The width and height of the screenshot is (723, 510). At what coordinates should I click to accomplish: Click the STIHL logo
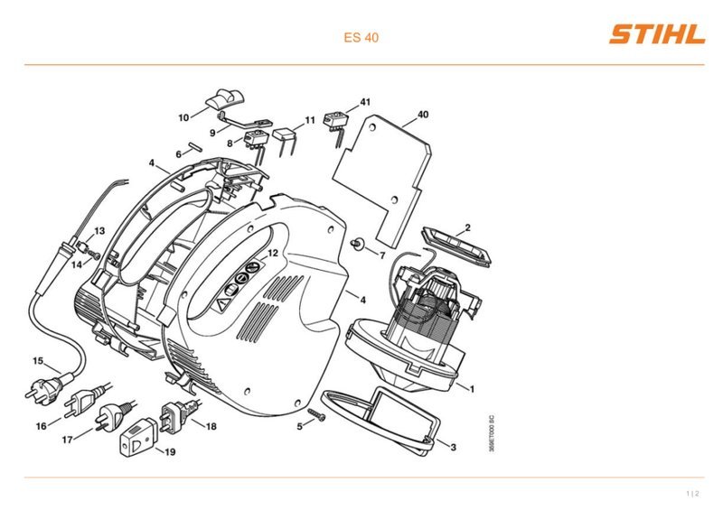click(x=657, y=35)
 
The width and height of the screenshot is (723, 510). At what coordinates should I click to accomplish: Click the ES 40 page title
click(x=361, y=37)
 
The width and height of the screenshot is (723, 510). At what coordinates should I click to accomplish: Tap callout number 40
click(x=422, y=115)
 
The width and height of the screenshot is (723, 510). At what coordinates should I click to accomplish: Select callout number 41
click(x=365, y=102)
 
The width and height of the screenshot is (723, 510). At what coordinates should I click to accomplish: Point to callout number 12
click(x=273, y=253)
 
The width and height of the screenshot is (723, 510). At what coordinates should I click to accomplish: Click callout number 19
click(x=170, y=452)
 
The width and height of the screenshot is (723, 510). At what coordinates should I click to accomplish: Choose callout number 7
click(x=381, y=255)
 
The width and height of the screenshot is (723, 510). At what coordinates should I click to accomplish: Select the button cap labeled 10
click(x=224, y=98)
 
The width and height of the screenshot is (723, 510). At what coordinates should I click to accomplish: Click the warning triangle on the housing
click(x=223, y=304)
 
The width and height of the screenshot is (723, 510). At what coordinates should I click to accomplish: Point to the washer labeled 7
click(x=357, y=244)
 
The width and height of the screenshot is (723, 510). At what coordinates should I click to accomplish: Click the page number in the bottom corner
click(x=692, y=494)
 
